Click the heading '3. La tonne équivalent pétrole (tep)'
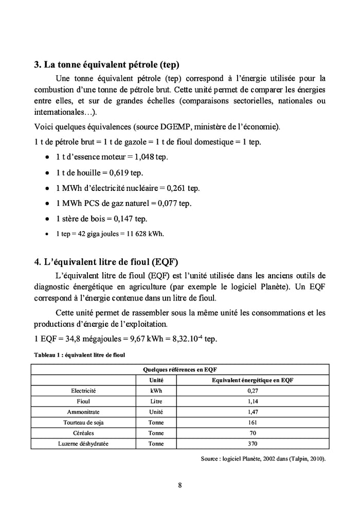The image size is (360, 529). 106,65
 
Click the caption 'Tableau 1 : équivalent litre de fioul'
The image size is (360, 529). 79,355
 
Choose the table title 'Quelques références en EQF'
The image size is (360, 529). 179,369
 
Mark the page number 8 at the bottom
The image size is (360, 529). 180,485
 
